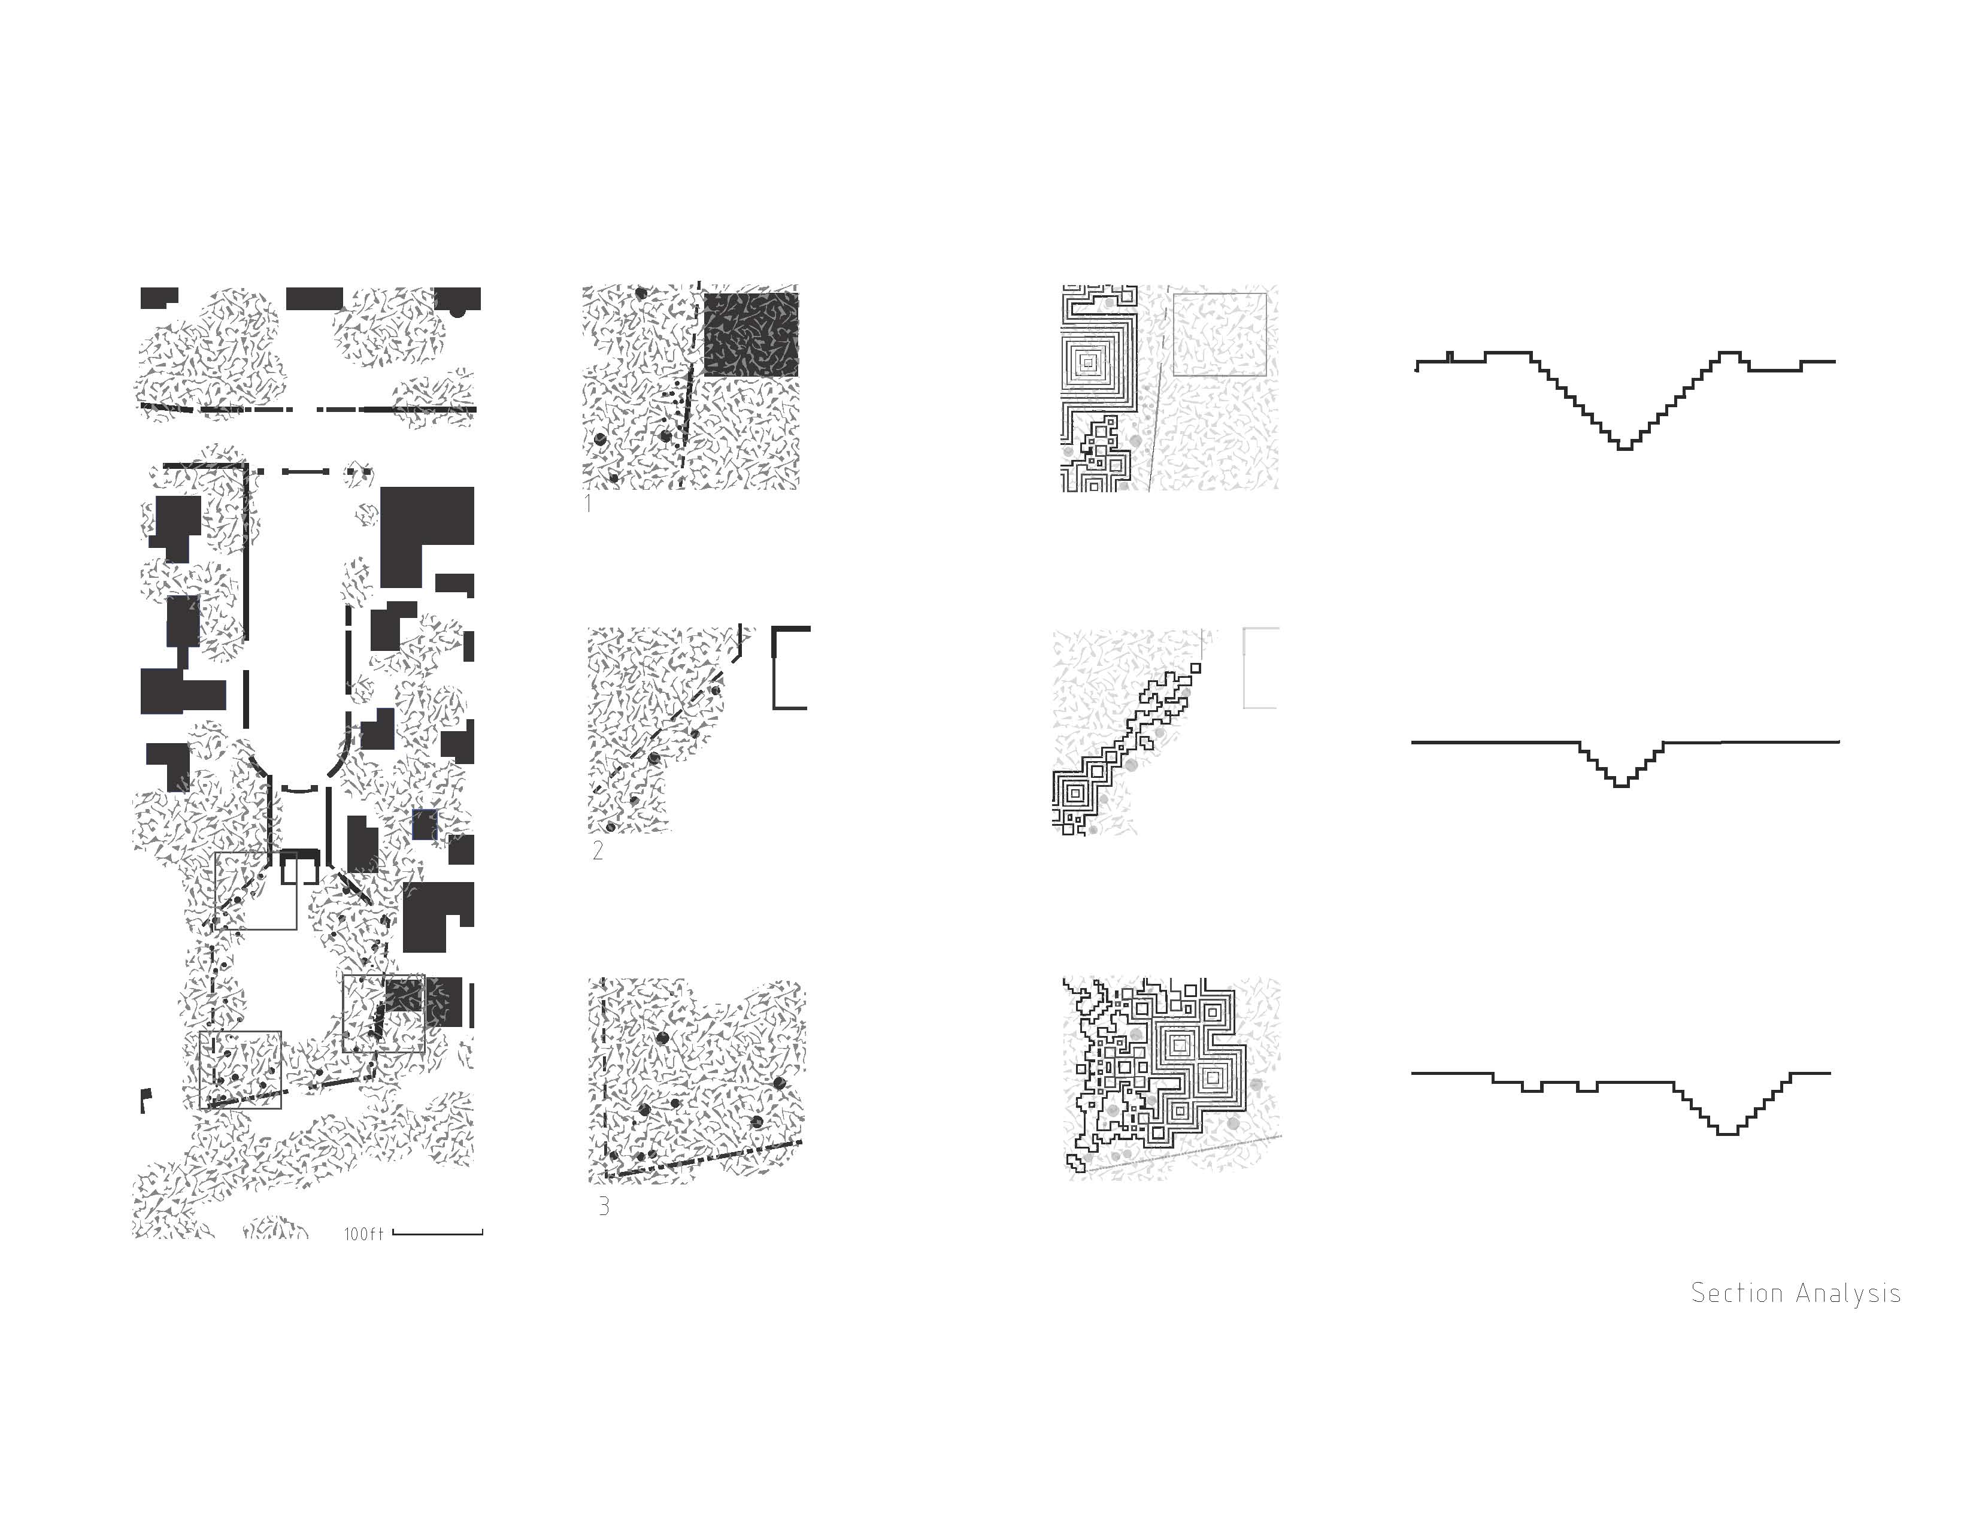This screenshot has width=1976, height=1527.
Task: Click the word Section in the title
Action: pos(1737,1293)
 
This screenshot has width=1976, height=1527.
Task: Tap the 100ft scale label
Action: pos(363,1234)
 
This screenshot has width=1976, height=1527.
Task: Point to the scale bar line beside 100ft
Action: pos(438,1232)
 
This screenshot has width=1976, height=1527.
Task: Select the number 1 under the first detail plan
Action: pos(588,503)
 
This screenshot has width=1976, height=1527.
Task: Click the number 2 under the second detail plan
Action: pos(597,850)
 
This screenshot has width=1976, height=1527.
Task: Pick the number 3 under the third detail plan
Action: pos(604,1206)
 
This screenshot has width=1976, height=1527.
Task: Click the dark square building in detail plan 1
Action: pos(751,334)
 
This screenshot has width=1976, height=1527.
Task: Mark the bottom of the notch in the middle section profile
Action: pos(1622,785)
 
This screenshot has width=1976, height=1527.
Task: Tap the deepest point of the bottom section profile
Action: pos(1727,1132)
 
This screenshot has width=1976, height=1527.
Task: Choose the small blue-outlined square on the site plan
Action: pos(425,824)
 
